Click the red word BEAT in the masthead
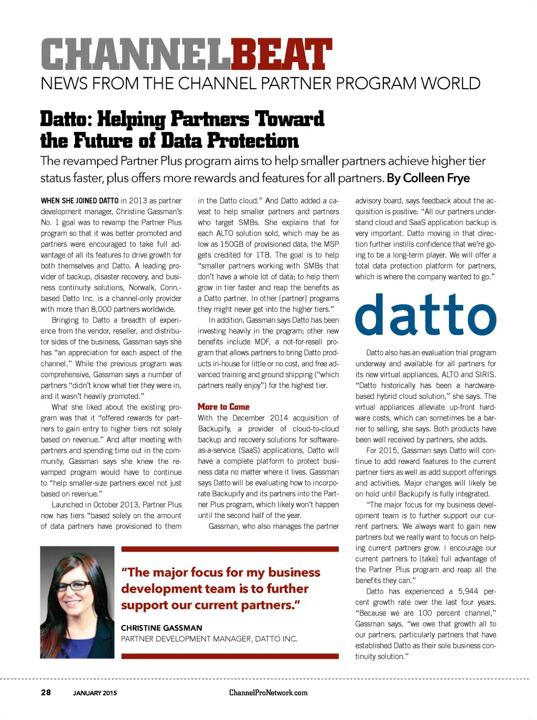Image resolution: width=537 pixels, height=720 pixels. [281, 55]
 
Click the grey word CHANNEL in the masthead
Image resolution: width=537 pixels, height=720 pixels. [135, 55]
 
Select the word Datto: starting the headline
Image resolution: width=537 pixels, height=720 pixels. [66, 120]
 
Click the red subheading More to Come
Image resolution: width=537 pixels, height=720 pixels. [223, 407]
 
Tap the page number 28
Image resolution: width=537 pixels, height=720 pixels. [46, 692]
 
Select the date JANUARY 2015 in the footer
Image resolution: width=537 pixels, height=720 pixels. [95, 693]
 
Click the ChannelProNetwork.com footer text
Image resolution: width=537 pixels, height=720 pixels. [268, 693]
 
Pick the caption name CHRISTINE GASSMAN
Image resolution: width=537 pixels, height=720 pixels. [162, 628]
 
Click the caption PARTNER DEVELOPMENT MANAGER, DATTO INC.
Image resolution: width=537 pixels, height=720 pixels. [209, 639]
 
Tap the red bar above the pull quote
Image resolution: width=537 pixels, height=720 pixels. [230, 549]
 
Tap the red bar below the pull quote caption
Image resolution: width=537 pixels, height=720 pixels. [230, 656]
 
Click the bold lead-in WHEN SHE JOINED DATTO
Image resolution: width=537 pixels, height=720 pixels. [80, 200]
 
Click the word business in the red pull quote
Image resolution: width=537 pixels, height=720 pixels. [294, 572]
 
